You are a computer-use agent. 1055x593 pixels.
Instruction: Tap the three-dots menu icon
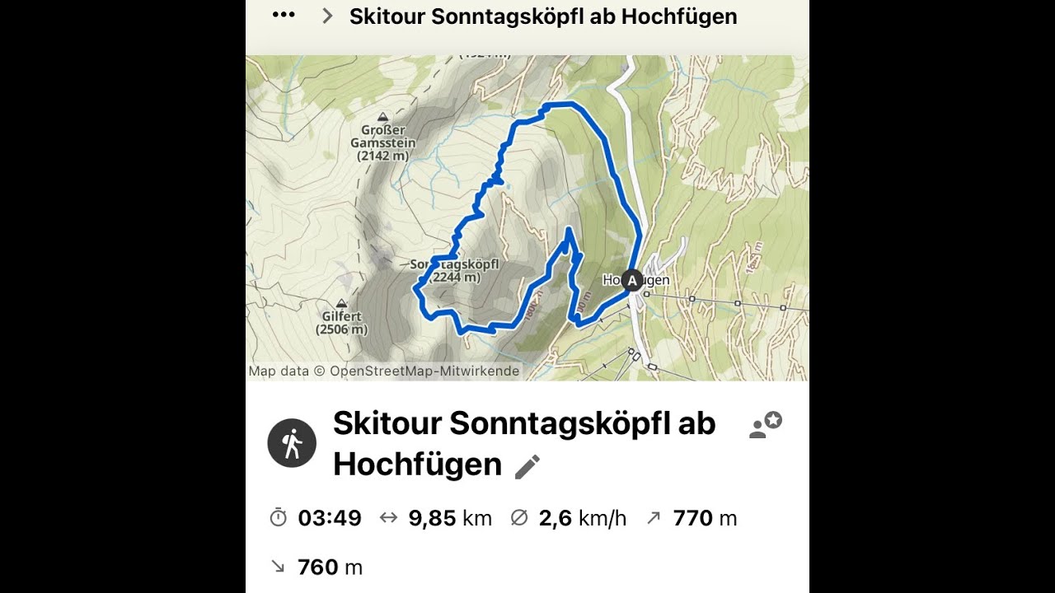[x=284, y=16]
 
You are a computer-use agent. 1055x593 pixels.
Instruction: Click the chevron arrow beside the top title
[x=327, y=16]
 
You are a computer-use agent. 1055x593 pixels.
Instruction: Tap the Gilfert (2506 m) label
[x=341, y=322]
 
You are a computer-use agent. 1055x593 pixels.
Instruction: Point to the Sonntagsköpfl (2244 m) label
[x=445, y=271]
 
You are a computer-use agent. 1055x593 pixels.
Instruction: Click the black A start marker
[x=632, y=281]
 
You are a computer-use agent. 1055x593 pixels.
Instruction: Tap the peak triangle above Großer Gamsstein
[x=382, y=117]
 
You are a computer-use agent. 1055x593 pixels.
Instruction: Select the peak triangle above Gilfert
[x=341, y=303]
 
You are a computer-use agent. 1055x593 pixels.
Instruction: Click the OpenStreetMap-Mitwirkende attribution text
[x=424, y=371]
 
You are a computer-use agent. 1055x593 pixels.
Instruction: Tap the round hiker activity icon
[x=292, y=443]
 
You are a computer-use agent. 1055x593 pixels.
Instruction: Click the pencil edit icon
[x=527, y=467]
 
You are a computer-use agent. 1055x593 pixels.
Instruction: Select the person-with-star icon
[x=766, y=425]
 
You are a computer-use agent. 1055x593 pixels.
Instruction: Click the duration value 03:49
[x=330, y=518]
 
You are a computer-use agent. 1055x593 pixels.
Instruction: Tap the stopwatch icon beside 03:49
[x=279, y=518]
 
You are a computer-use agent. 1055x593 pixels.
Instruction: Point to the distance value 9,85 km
[x=450, y=518]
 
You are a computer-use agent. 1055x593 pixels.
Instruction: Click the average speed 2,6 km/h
[x=582, y=518]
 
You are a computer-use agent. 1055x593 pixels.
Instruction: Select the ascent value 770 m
[x=705, y=518]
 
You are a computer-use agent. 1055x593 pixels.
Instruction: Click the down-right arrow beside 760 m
[x=278, y=567]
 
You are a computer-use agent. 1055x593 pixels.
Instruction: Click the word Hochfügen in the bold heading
[x=417, y=465]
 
